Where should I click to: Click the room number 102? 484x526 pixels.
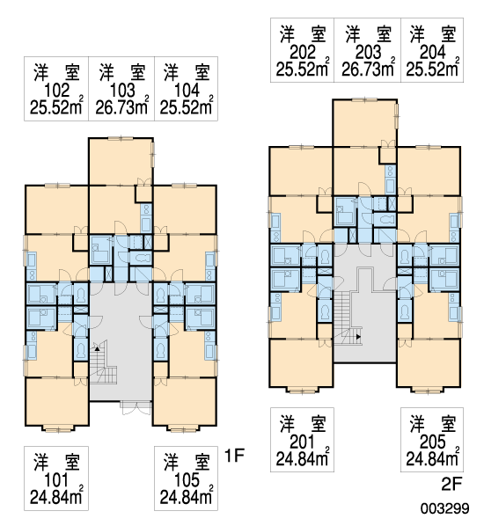pyautogui.click(x=56, y=91)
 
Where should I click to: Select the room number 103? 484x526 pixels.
pyautogui.click(x=122, y=91)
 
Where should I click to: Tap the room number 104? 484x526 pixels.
pyautogui.click(x=187, y=91)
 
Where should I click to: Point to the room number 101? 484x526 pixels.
pyautogui.click(x=56, y=480)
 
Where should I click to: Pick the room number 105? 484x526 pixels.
pyautogui.click(x=187, y=480)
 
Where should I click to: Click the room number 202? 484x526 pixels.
pyautogui.click(x=303, y=52)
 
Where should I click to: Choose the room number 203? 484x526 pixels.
pyautogui.click(x=368, y=52)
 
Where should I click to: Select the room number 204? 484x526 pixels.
pyautogui.click(x=432, y=52)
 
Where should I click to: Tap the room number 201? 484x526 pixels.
pyautogui.click(x=302, y=442)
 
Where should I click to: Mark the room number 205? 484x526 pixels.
pyautogui.click(x=432, y=442)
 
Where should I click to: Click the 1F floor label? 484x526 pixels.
pyautogui.click(x=234, y=456)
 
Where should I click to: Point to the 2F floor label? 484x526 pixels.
pyautogui.click(x=451, y=484)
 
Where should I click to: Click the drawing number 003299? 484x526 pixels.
pyautogui.click(x=444, y=508)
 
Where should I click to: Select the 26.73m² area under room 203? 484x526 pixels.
pyautogui.click(x=368, y=69)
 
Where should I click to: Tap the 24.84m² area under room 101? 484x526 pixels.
pyautogui.click(x=56, y=497)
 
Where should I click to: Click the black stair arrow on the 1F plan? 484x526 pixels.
pyautogui.click(x=97, y=348)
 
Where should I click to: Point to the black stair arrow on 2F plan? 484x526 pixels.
pyautogui.click(x=358, y=337)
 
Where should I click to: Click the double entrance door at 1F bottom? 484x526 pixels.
pyautogui.click(x=136, y=408)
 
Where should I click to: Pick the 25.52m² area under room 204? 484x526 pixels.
pyautogui.click(x=433, y=69)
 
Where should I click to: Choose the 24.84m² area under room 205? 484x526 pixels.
pyautogui.click(x=432, y=458)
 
